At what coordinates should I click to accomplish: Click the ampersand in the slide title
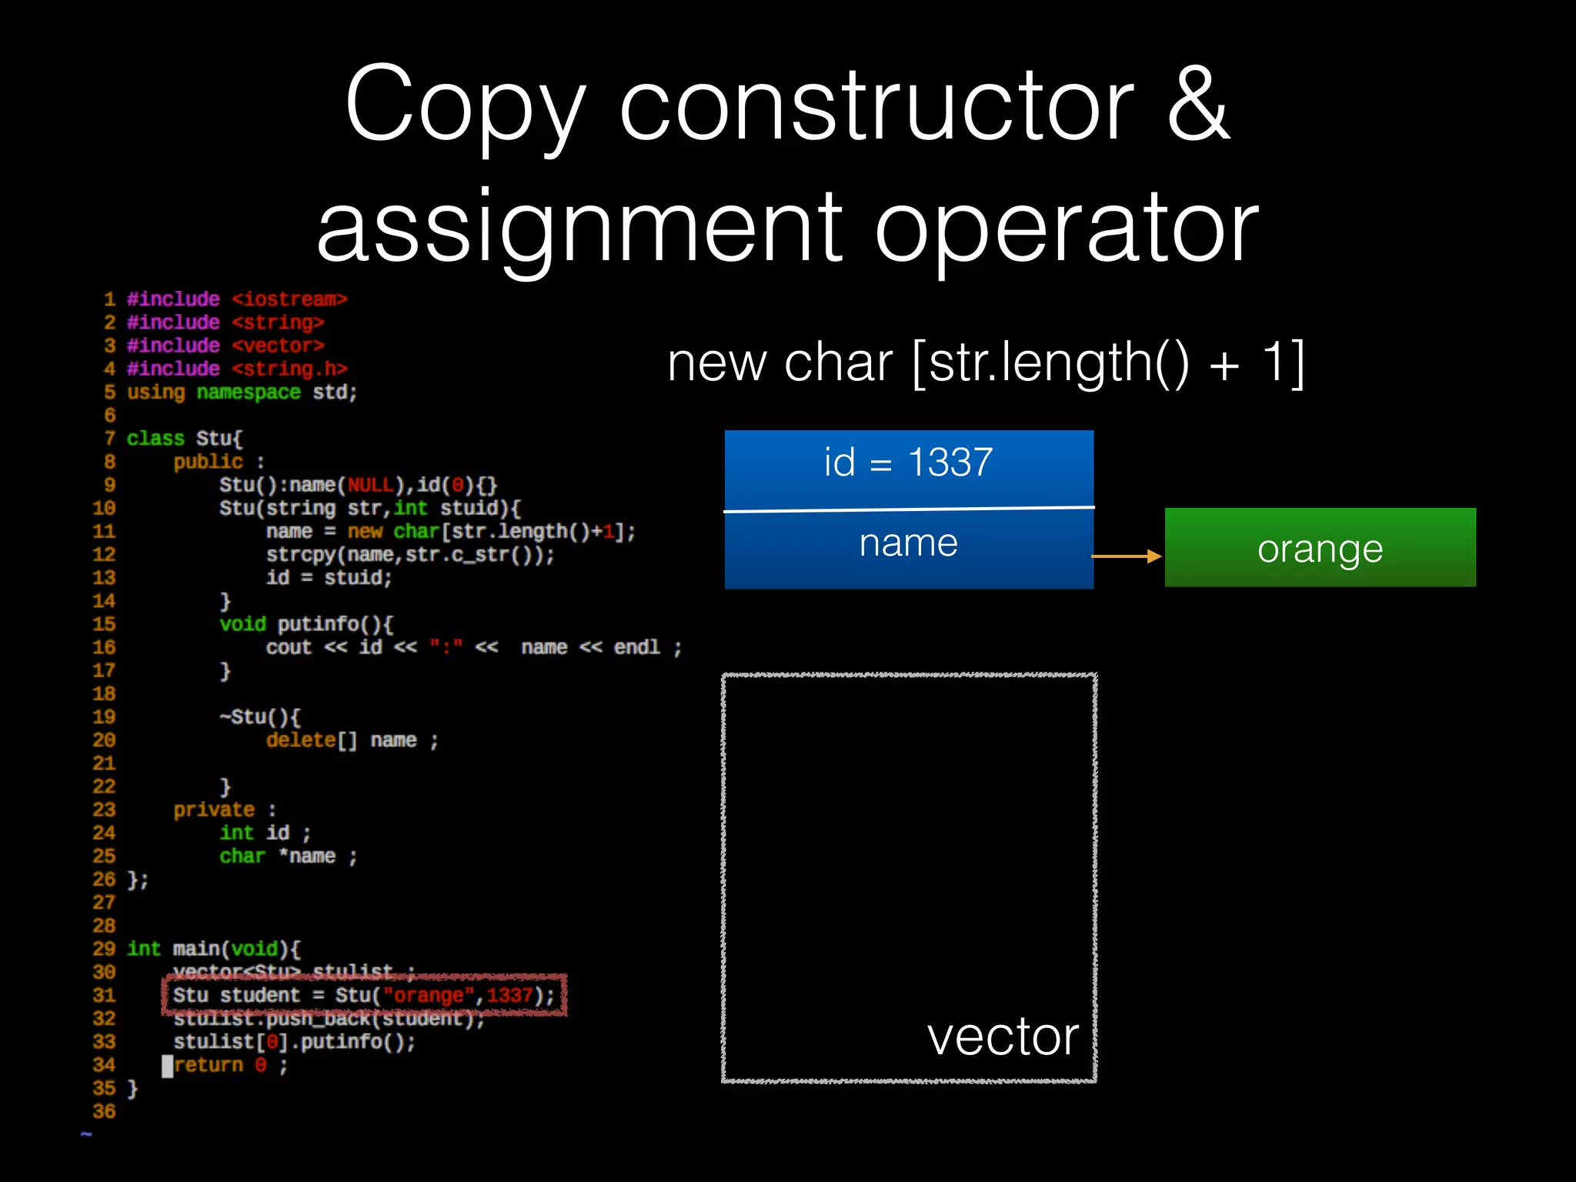click(1198, 104)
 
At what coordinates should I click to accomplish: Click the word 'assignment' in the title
click(579, 227)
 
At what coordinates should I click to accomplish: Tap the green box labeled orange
click(1320, 548)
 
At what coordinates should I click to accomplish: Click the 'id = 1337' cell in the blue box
click(908, 463)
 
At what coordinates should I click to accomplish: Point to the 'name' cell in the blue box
click(908, 543)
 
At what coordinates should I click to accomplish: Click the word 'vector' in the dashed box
click(1003, 1037)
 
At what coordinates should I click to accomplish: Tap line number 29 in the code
click(104, 949)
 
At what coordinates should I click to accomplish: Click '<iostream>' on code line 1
click(289, 299)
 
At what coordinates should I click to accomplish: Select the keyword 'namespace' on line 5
click(248, 392)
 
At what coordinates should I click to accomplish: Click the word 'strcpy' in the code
click(301, 555)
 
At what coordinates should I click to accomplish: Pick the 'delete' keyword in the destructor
click(301, 740)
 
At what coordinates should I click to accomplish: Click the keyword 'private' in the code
click(213, 810)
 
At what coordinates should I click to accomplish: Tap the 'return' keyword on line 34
click(209, 1065)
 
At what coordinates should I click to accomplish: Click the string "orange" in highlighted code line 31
click(428, 996)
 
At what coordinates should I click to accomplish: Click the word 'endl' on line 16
click(636, 647)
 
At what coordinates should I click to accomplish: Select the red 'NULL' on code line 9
click(370, 485)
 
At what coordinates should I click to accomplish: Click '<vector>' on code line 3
click(278, 346)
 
